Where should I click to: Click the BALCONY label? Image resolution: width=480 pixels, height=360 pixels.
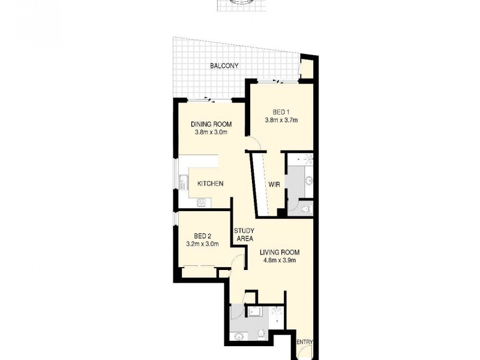tap(224, 66)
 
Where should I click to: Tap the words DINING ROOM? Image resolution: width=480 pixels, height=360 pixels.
tap(211, 124)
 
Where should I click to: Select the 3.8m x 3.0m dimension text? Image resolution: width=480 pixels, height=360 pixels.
tap(211, 133)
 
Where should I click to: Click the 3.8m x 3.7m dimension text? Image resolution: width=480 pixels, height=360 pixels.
tap(281, 120)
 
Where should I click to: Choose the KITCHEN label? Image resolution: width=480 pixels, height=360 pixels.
tap(211, 184)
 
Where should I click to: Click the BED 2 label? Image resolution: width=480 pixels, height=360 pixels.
tap(202, 236)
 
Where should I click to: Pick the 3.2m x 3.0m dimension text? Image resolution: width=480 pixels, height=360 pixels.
tap(202, 244)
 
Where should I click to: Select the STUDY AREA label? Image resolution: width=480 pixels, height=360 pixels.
tap(244, 235)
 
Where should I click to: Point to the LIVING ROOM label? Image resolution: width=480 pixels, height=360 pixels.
tap(280, 252)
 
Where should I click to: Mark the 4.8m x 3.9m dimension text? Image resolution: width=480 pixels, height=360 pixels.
tap(280, 260)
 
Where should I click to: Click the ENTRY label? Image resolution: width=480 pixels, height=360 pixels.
tap(305, 342)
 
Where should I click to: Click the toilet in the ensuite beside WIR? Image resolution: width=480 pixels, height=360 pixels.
tap(305, 208)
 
